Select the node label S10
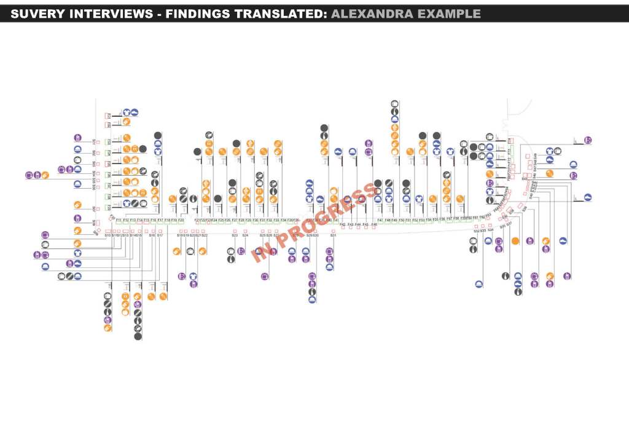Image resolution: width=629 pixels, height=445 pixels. click(107, 235)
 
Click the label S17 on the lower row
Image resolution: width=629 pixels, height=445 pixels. click(160, 235)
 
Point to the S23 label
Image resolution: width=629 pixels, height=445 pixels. click(235, 235)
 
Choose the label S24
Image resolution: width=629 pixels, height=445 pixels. click(245, 235)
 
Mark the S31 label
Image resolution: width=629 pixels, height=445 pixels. click(333, 235)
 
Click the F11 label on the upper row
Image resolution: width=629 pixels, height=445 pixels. click(119, 219)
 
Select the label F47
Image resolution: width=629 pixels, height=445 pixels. click(380, 219)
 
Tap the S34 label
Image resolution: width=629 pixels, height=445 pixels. click(491, 230)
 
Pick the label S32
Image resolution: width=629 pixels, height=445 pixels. click(476, 230)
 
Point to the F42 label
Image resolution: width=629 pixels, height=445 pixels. click(342, 224)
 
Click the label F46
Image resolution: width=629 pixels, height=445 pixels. click(373, 224)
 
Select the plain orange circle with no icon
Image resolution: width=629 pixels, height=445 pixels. click(515, 240)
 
